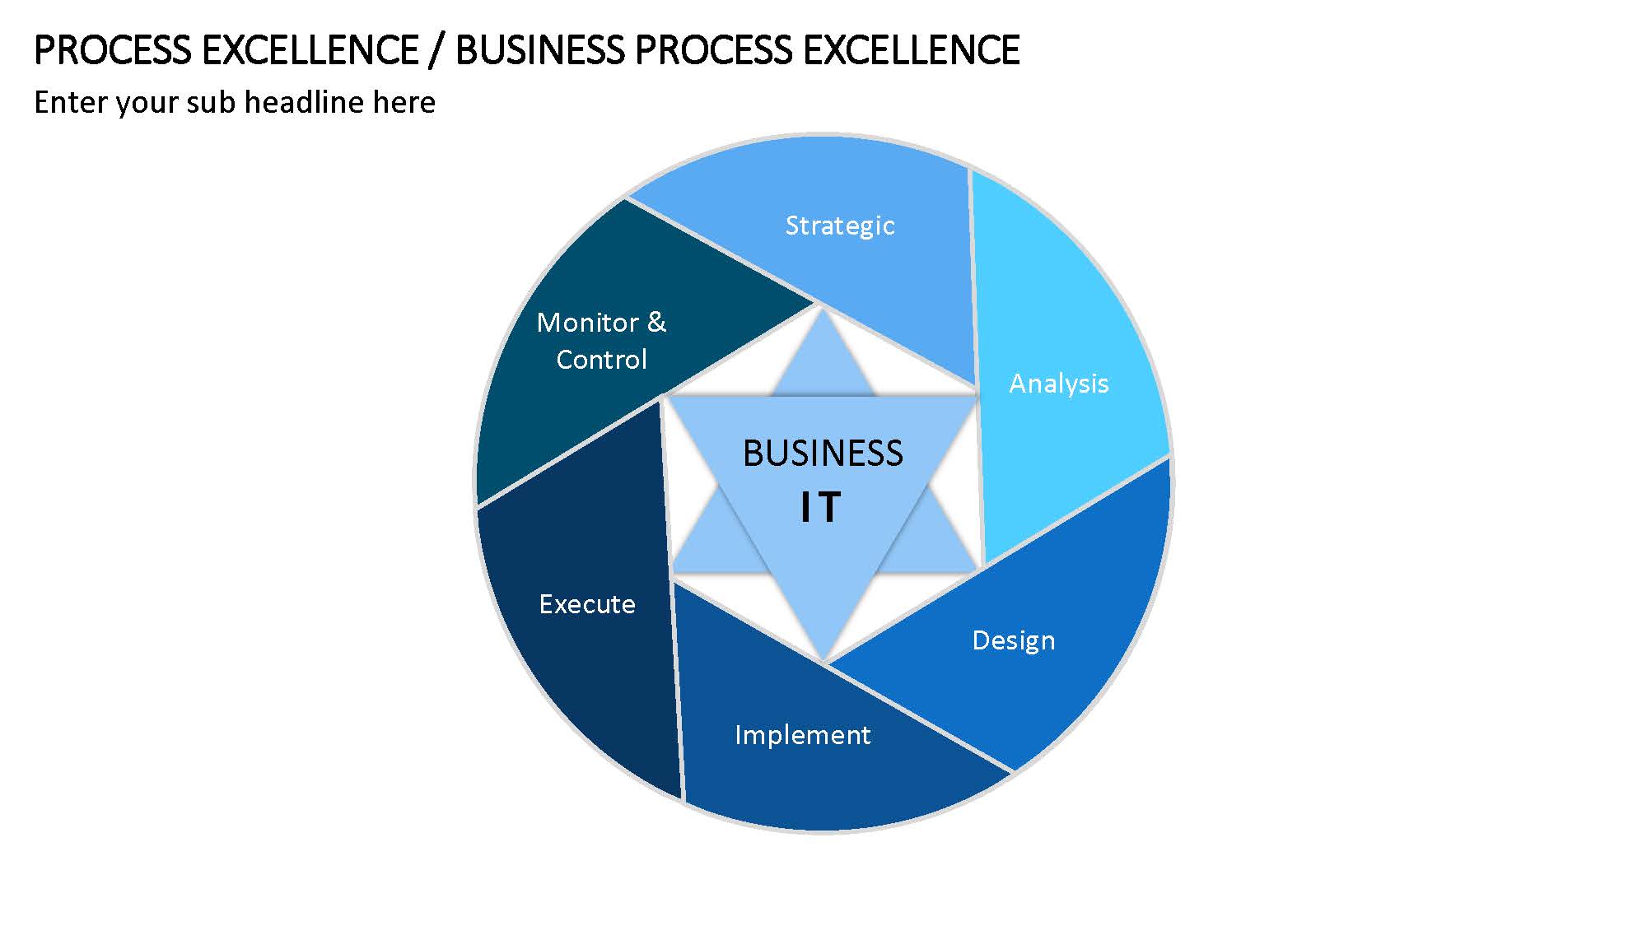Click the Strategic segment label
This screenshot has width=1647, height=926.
839,226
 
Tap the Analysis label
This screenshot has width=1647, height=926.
1059,384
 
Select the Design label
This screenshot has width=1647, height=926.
1013,640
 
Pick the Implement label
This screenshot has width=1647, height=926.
802,735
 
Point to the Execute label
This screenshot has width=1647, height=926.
587,604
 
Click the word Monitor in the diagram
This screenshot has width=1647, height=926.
588,322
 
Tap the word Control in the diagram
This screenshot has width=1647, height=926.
601,360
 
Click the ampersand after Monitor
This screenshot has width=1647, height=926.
656,322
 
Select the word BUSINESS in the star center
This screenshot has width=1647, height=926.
823,454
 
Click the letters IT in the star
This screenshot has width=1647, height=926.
821,507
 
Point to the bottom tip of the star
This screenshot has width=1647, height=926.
823,658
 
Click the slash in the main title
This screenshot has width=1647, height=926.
436,51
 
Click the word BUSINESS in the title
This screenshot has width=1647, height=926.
540,50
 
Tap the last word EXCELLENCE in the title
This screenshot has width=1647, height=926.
912,50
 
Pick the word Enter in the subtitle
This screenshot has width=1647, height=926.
70,102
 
